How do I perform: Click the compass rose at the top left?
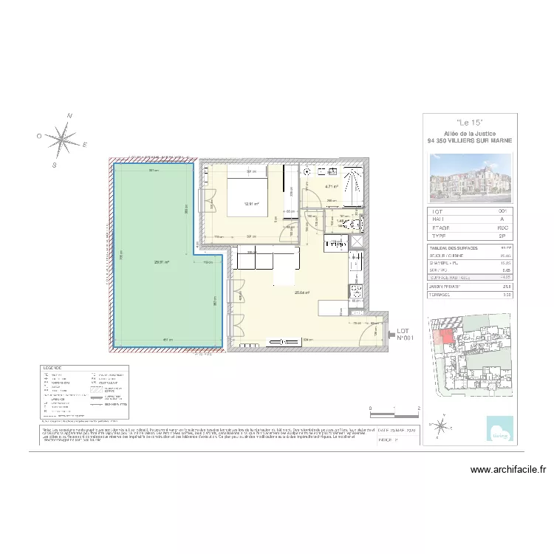point(64,138)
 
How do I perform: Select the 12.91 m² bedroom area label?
point(252,205)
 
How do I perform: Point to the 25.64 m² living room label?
point(301,293)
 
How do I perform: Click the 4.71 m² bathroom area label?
point(330,187)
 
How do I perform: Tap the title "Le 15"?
point(469,122)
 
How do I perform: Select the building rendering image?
point(469,177)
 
